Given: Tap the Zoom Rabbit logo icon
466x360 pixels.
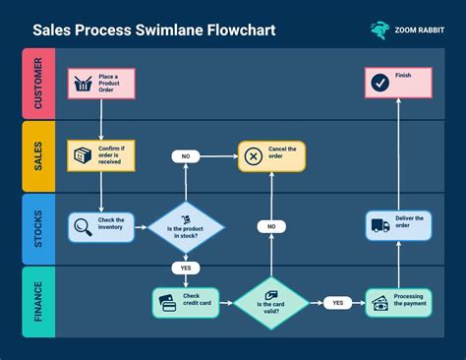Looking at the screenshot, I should pyautogui.click(x=379, y=30).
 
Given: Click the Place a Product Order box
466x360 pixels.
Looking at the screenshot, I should pyautogui.click(x=101, y=83).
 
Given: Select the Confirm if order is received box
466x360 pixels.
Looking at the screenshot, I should pyautogui.click(x=101, y=156).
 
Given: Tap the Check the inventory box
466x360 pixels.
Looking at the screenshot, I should pyautogui.click(x=101, y=228).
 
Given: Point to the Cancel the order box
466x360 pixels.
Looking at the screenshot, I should pyautogui.click(x=271, y=155).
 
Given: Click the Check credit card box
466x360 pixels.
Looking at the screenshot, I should pyautogui.click(x=186, y=302).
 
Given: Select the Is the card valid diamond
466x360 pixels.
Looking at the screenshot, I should pyautogui.click(x=271, y=302).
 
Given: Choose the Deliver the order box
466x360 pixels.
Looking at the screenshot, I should pyautogui.click(x=398, y=226).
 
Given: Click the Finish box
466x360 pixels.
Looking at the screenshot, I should pyautogui.click(x=398, y=83).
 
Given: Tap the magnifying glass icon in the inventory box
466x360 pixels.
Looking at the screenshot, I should pyautogui.click(x=84, y=228).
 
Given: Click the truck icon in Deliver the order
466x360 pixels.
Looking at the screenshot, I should pyautogui.click(x=380, y=226).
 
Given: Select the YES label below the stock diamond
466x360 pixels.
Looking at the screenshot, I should pyautogui.click(x=186, y=268).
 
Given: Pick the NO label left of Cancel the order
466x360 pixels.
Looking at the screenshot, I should pyautogui.click(x=186, y=155).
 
